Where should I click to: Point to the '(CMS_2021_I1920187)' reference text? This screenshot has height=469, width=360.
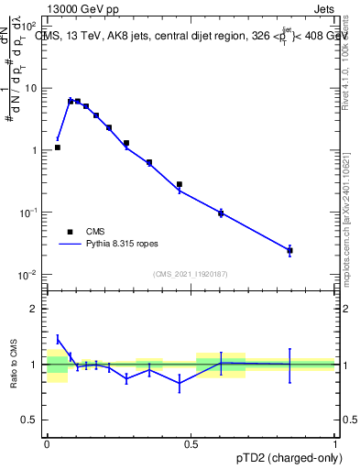coord(191,274)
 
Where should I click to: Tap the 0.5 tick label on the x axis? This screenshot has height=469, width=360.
coord(191,444)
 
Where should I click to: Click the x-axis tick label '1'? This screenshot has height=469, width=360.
coord(335,444)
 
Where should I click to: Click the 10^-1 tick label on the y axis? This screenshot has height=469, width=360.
coord(30,213)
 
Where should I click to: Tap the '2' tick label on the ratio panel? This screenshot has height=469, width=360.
coord(35,309)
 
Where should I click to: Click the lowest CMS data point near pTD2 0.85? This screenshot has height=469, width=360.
coord(289,250)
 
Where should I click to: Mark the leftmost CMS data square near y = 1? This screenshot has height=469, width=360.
coord(57,147)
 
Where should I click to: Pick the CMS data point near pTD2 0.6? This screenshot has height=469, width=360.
coord(221,213)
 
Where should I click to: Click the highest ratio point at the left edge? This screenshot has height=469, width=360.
coord(57,339)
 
